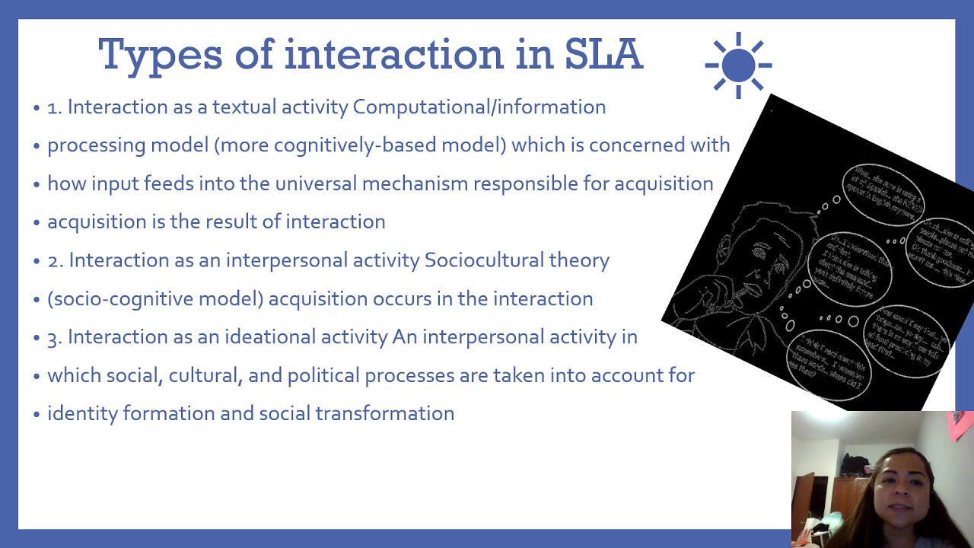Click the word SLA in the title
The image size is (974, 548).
(x=603, y=55)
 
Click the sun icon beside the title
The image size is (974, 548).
(x=738, y=65)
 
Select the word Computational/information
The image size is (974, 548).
(x=479, y=107)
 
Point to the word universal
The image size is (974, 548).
(x=316, y=183)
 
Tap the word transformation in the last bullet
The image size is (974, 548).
(x=384, y=413)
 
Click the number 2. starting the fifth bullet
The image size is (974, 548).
(x=55, y=260)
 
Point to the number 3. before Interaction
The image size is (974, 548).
(x=55, y=337)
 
